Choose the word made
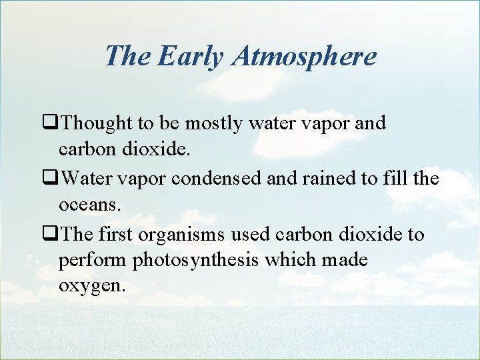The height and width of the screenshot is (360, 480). point(344,259)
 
